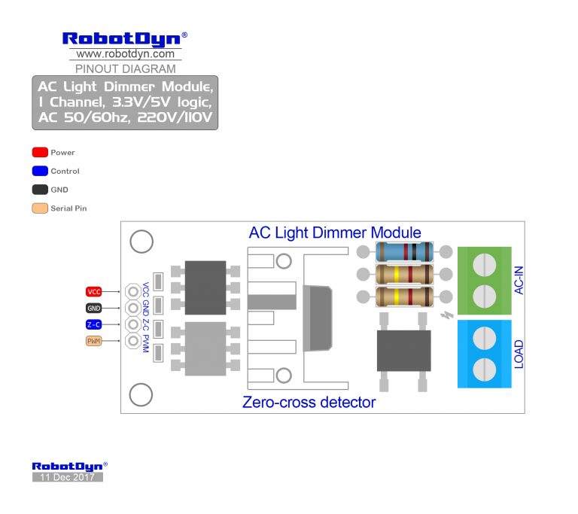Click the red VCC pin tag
coord(94,292)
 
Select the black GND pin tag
coord(94,308)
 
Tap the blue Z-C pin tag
coord(94,324)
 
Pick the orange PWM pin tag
coord(94,341)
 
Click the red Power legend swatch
coord(40,153)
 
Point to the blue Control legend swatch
coord(40,171)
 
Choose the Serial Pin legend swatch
coord(40,208)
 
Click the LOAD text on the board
coord(519,354)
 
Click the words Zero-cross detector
coord(309,403)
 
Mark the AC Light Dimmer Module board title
coord(335,233)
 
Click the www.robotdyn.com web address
coord(126,54)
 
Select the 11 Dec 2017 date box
coord(67,477)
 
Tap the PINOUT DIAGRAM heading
coord(126,68)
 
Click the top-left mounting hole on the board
coord(141,242)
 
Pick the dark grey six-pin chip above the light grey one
coord(205,287)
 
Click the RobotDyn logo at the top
coord(125,38)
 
